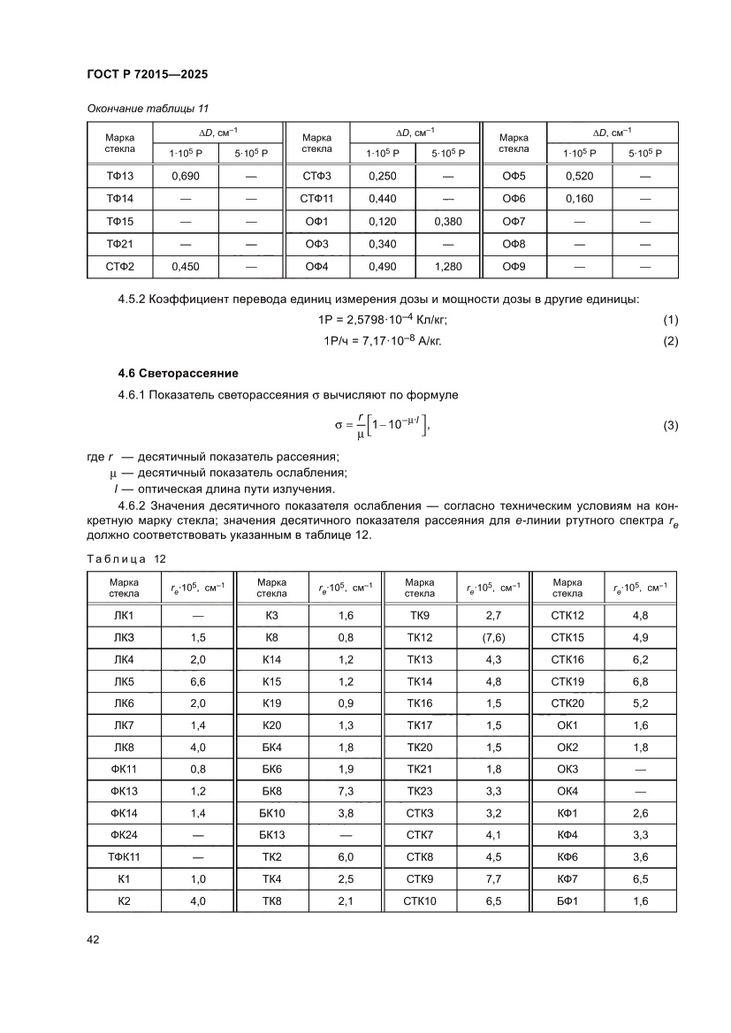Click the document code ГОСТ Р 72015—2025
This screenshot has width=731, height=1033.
coord(147,75)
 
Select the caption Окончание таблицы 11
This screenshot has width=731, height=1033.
coord(148,109)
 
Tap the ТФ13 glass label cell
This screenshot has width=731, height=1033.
coord(119,176)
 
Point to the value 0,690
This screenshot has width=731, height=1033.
coord(186,176)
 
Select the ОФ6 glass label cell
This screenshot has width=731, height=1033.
coord(514,199)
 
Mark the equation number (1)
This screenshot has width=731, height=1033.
coord(670,319)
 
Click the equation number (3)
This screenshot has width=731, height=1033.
coord(670,426)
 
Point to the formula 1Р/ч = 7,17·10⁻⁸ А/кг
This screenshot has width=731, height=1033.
coord(379,341)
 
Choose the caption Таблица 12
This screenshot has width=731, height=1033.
coord(126,558)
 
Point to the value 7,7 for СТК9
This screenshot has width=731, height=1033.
coord(494,879)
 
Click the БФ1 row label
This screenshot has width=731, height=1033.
coord(567,901)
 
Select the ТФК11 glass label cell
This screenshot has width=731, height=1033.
coord(124,857)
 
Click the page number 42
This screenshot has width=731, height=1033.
coord(92,939)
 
